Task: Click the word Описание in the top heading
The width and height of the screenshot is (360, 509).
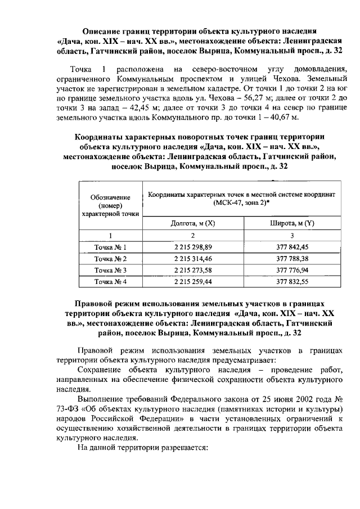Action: (104, 31)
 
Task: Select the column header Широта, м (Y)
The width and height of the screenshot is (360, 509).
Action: (292, 223)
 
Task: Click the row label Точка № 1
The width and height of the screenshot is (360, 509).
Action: (110, 247)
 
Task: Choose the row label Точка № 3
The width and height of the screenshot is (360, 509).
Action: (110, 271)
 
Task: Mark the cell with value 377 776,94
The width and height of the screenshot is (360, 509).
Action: (292, 271)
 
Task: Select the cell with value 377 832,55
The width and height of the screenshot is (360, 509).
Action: (292, 282)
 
